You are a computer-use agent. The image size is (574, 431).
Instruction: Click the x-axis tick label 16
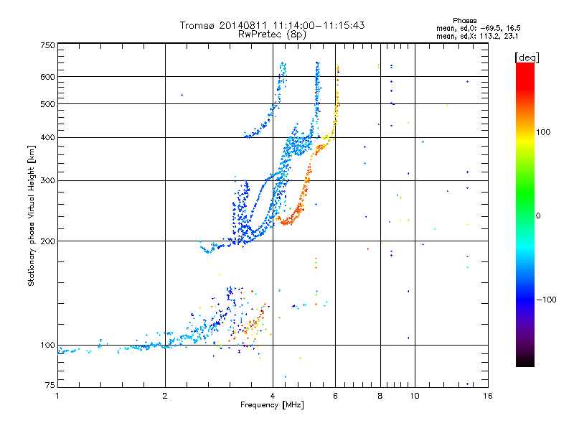[487, 395]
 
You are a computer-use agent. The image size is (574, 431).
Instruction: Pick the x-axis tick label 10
[414, 395]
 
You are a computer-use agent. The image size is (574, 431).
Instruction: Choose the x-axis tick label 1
[57, 395]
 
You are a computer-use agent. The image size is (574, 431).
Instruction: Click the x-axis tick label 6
[336, 395]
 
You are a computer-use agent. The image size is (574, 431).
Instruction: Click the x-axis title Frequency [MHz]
[272, 405]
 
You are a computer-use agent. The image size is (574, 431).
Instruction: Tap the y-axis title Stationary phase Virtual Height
[32, 215]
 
